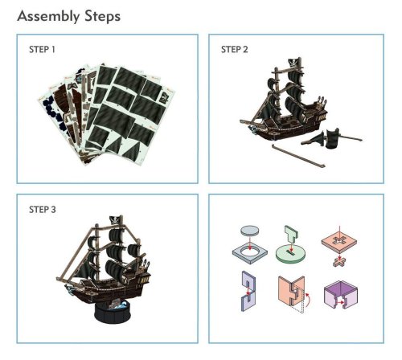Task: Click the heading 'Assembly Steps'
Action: [x=69, y=17]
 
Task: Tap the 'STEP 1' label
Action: [x=42, y=50]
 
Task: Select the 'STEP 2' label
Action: [x=235, y=50]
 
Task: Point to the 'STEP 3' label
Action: [x=43, y=210]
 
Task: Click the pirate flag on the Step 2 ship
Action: [x=293, y=63]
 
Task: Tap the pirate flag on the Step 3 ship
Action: [x=116, y=220]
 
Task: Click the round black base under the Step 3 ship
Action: [x=113, y=312]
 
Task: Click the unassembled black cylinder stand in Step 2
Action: [x=332, y=138]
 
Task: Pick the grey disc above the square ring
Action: [x=250, y=230]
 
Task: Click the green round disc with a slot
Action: [x=291, y=253]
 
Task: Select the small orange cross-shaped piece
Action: [x=339, y=261]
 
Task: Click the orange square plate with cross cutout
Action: [x=339, y=242]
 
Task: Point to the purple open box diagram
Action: [x=341, y=294]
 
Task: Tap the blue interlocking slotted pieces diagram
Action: [x=248, y=291]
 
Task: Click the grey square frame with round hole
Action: [x=250, y=253]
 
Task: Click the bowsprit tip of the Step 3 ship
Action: [x=58, y=279]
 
